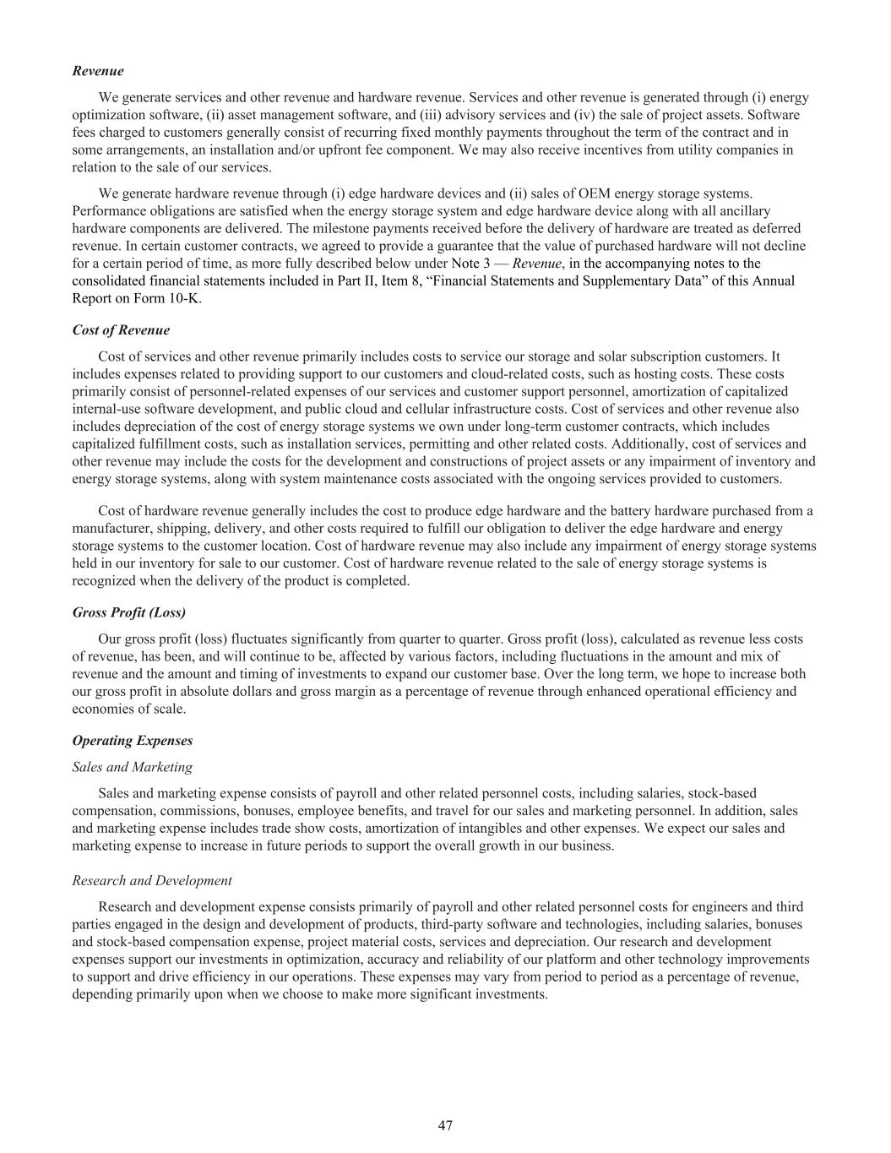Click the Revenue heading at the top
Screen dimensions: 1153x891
click(x=98, y=71)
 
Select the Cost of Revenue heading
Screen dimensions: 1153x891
click(x=121, y=330)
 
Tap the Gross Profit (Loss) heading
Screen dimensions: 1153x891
click(x=129, y=612)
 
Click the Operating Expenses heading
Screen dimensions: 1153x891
click(x=133, y=741)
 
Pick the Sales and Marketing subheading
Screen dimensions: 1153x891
click(x=133, y=767)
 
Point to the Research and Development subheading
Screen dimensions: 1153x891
click(x=152, y=881)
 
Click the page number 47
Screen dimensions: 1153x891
click(x=446, y=1125)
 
